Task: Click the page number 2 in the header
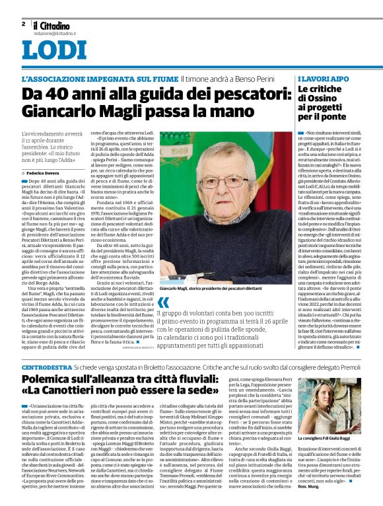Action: (23, 24)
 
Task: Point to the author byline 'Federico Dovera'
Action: (44, 172)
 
